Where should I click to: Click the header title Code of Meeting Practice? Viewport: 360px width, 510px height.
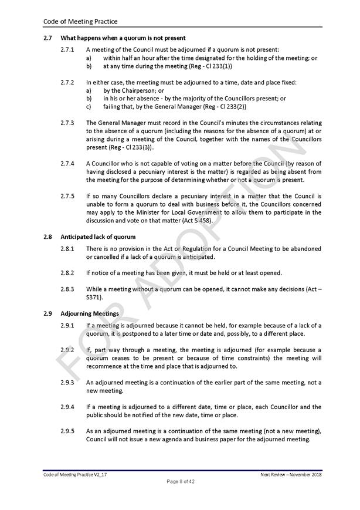80,22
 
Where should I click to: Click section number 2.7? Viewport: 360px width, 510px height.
48,38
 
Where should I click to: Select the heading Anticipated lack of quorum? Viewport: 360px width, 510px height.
98,237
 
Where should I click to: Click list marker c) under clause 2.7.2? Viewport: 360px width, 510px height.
89,107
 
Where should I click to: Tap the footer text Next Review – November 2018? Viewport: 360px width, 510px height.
291,474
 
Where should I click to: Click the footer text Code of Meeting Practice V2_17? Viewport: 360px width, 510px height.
75,474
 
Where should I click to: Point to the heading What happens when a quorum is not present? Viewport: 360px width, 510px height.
123,38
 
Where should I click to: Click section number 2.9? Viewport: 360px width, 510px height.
48,314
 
